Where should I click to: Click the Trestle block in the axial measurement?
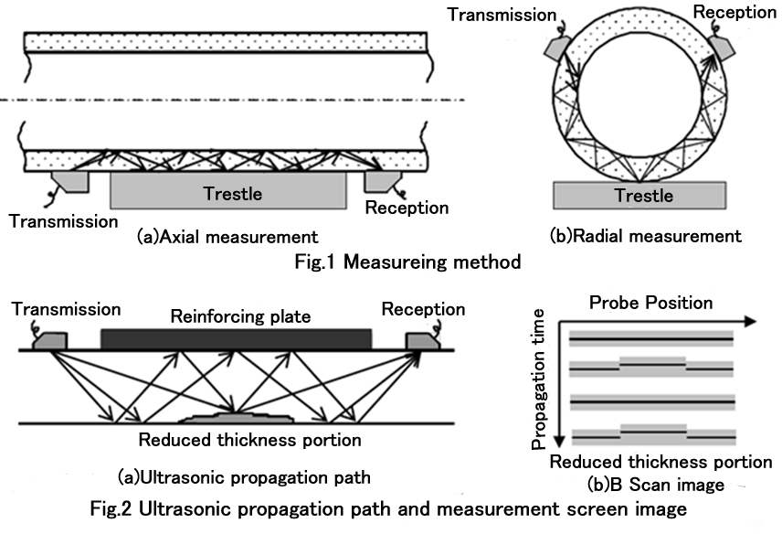(227, 192)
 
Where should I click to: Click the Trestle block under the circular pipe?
(639, 195)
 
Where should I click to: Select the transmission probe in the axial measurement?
(70, 179)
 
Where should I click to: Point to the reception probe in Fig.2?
(421, 341)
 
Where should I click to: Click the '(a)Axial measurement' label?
(227, 236)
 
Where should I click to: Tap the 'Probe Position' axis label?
(650, 302)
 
